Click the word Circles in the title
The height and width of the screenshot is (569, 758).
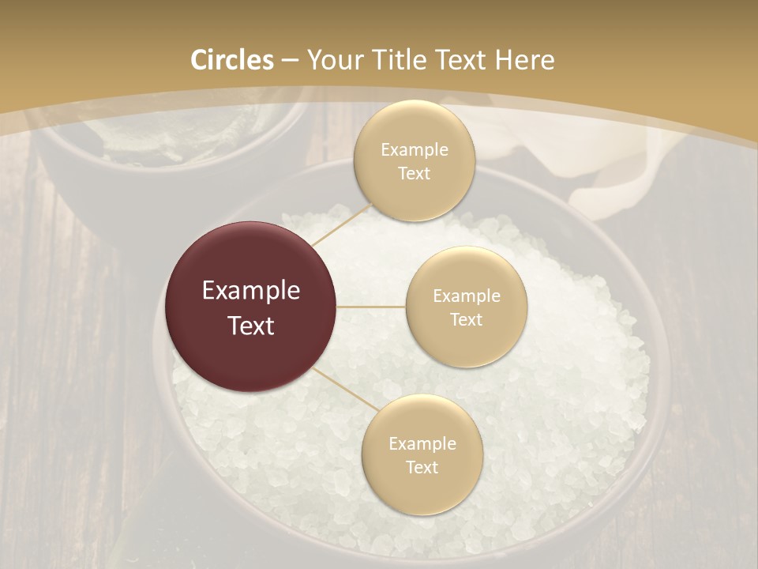pyautogui.click(x=232, y=60)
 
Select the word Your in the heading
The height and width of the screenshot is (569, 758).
pyautogui.click(x=332, y=60)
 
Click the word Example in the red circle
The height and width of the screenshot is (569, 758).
pyautogui.click(x=250, y=291)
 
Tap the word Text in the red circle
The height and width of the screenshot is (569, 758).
pyautogui.click(x=250, y=326)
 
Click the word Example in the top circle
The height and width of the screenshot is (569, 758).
pyautogui.click(x=414, y=150)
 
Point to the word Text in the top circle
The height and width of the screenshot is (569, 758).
pyautogui.click(x=414, y=173)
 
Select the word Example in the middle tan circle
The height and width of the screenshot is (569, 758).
pyautogui.click(x=466, y=296)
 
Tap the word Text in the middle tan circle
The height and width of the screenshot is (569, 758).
pyautogui.click(x=466, y=319)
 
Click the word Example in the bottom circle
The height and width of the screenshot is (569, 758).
pyautogui.click(x=422, y=444)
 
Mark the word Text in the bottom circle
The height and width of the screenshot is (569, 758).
pyautogui.click(x=422, y=467)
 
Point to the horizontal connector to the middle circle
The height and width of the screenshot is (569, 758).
pyautogui.click(x=371, y=307)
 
